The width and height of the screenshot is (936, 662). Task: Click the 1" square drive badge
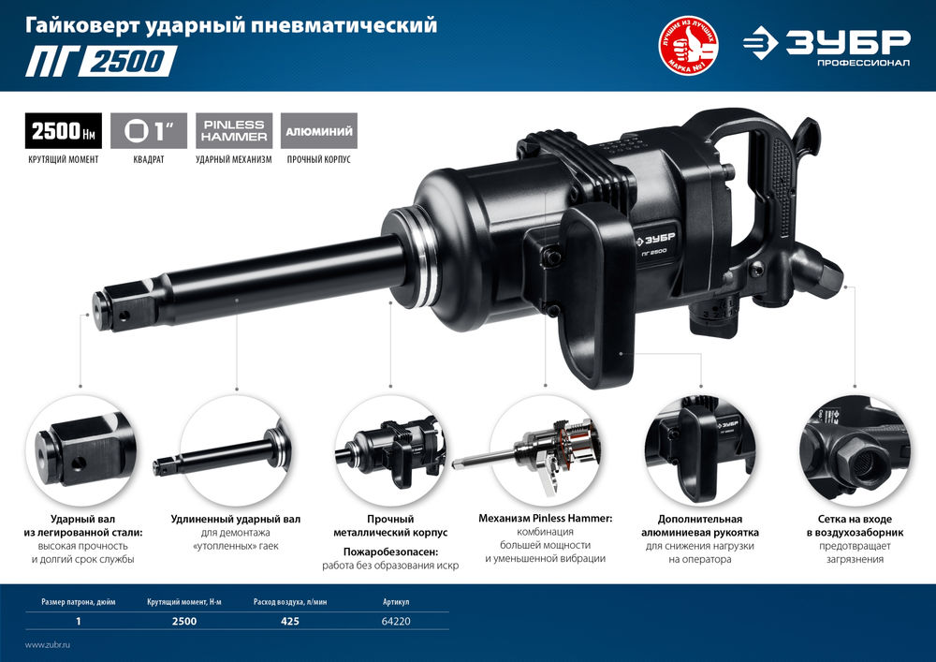coord(149,130)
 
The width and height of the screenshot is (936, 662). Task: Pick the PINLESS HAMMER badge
coord(233,130)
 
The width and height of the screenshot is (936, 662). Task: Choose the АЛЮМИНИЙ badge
coord(318,130)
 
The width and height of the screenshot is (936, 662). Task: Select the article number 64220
coord(397,621)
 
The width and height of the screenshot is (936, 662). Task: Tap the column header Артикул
coord(397,601)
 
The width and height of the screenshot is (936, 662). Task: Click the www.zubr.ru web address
coord(48,645)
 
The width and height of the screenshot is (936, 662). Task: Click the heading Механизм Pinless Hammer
coord(545,518)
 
